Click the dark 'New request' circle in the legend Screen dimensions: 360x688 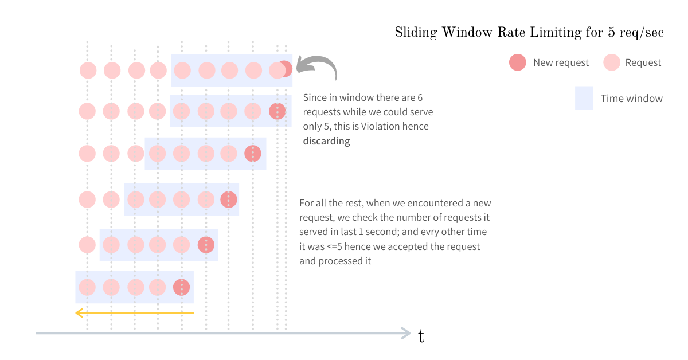pos(517,62)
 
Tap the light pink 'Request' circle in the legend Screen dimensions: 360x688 pos(612,62)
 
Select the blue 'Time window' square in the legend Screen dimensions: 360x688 pos(584,98)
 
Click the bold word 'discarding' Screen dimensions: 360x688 pos(326,141)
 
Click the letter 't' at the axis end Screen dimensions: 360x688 pos(421,336)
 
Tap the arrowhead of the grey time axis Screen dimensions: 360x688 pos(406,332)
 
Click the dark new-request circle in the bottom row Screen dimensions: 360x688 pos(181,287)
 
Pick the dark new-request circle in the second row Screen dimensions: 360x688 pos(277,111)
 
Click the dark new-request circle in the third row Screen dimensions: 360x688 pos(252,154)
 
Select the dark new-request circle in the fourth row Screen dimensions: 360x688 pos(229,199)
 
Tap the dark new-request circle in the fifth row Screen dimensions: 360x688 pos(206,245)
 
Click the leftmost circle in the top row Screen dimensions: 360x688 pos(88,71)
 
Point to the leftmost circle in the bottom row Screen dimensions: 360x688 pos(87,287)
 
